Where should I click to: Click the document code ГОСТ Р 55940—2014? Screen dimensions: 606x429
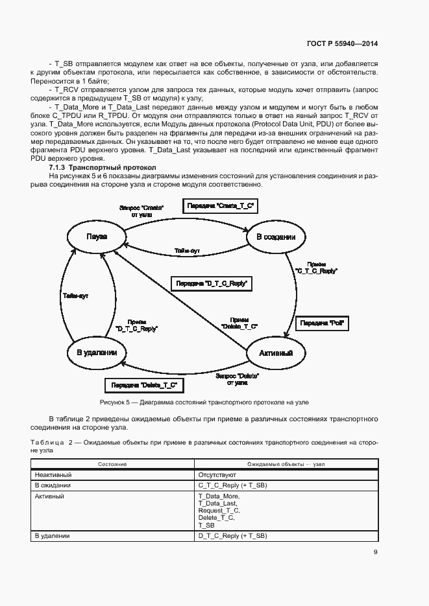click(x=343, y=43)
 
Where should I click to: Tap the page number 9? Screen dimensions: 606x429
click(x=375, y=552)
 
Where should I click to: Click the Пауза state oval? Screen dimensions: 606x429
click(x=96, y=237)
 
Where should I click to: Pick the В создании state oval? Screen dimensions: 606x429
click(x=276, y=237)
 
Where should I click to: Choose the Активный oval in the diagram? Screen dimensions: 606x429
click(x=276, y=353)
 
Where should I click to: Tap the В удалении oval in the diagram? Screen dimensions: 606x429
click(x=96, y=353)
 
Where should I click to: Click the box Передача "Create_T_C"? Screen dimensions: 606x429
click(x=220, y=206)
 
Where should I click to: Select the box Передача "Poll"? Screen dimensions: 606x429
click(x=322, y=323)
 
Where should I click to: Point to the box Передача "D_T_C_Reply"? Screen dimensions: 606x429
click(x=211, y=283)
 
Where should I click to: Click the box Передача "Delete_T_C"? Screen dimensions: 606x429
click(x=143, y=386)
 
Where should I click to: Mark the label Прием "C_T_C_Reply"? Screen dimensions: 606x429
click(x=316, y=268)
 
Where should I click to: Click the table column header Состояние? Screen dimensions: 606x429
click(x=112, y=465)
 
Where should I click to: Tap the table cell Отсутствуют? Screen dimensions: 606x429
click(x=217, y=475)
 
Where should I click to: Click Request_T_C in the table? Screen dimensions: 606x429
click(x=217, y=510)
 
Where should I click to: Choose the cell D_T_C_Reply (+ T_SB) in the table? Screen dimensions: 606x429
click(x=232, y=536)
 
